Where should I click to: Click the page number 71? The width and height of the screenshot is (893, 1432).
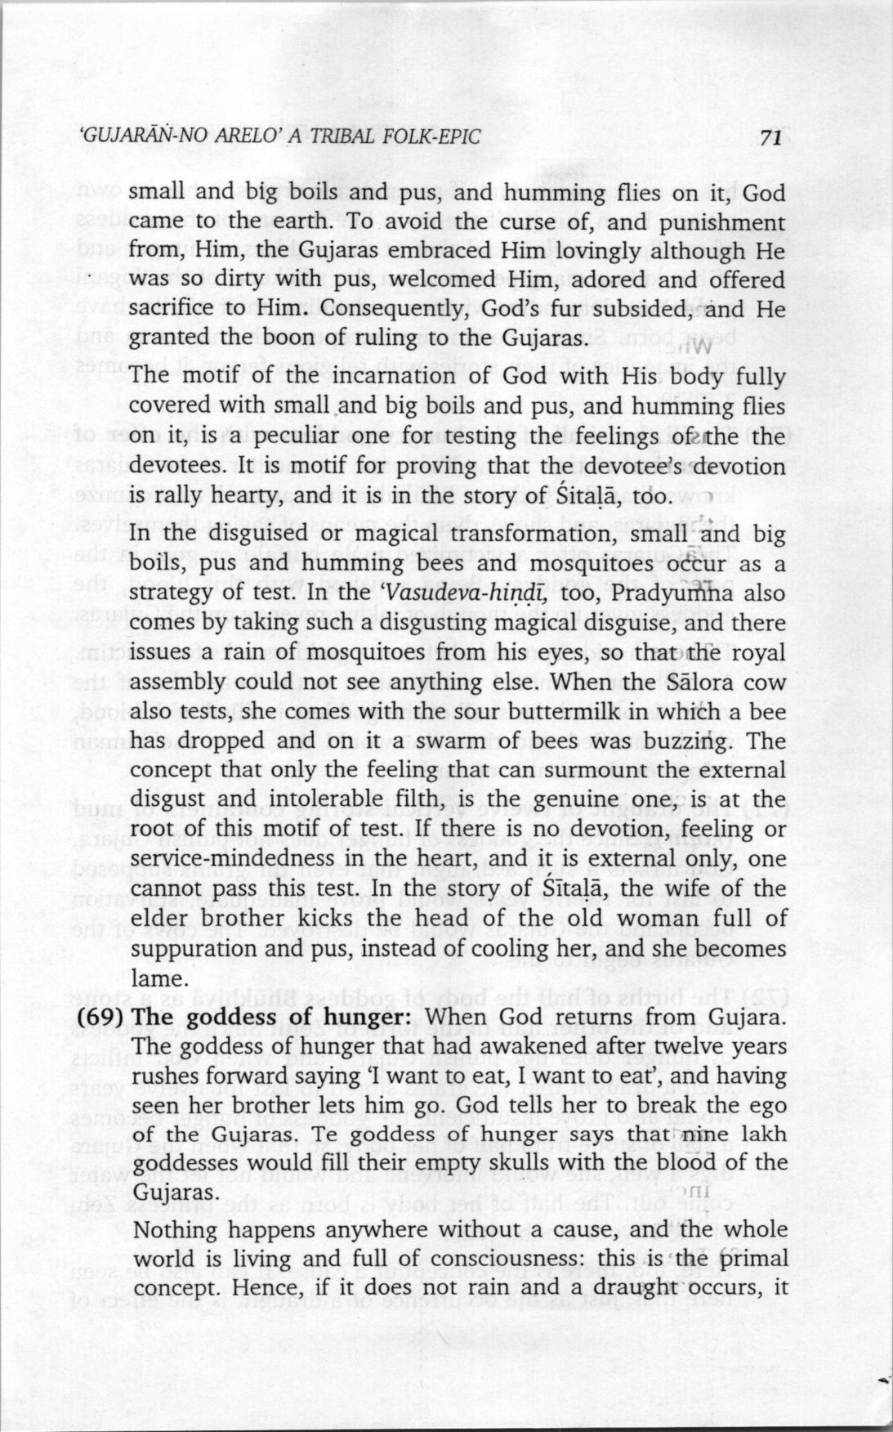770,138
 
